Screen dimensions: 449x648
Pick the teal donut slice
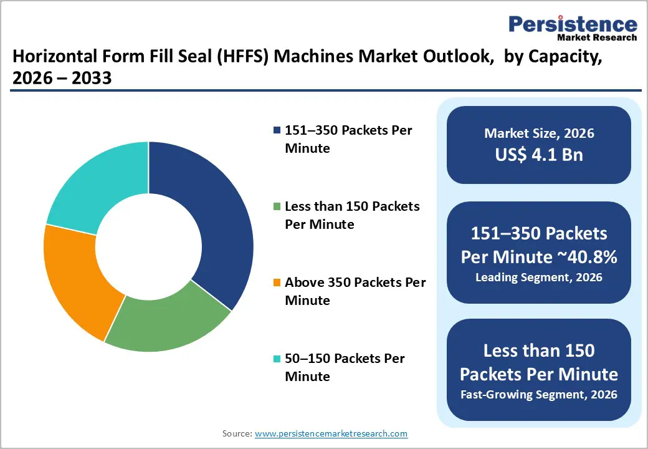pyautogui.click(x=93, y=187)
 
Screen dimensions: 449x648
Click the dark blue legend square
pyautogui.click(x=277, y=130)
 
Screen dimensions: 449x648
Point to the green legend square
pyautogui.click(x=277, y=206)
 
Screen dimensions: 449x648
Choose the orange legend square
pyautogui.click(x=277, y=282)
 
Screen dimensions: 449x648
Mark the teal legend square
pyautogui.click(x=277, y=359)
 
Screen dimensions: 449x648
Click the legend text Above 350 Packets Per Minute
pyautogui.click(x=355, y=291)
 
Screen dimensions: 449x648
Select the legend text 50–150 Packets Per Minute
pyautogui.click(x=345, y=367)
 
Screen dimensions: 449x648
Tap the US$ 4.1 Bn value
pyautogui.click(x=539, y=154)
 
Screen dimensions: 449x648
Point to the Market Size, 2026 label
pyautogui.click(x=539, y=133)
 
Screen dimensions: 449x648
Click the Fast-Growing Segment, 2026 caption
pyautogui.click(x=539, y=394)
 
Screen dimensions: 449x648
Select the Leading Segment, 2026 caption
pyautogui.click(x=539, y=277)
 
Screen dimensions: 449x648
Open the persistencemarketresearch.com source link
pyautogui.click(x=331, y=433)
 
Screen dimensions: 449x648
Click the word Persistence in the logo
pyautogui.click(x=573, y=24)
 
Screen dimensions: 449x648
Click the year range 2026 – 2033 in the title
pyautogui.click(x=62, y=78)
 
